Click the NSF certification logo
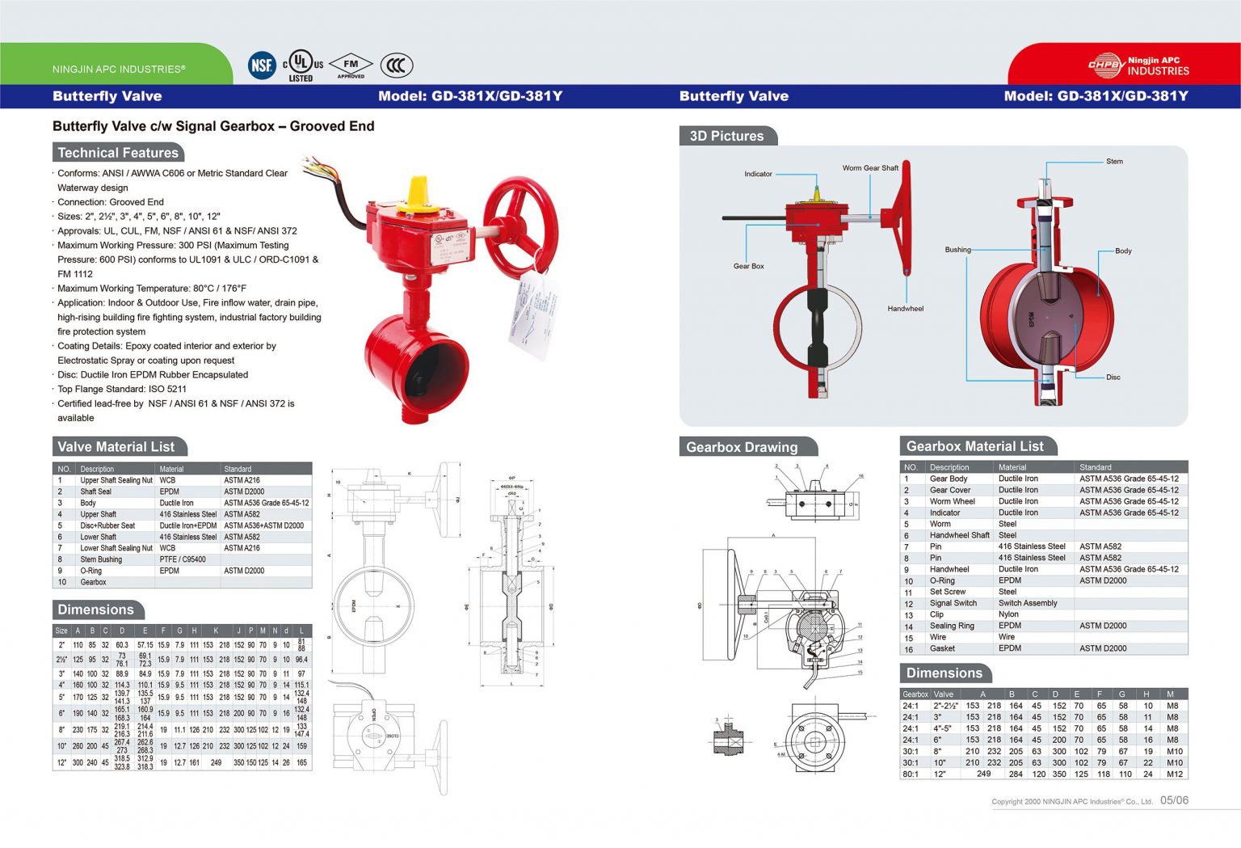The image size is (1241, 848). (262, 65)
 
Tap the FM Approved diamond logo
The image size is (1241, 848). (351, 65)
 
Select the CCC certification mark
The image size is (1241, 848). (396, 65)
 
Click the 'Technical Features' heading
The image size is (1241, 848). (118, 153)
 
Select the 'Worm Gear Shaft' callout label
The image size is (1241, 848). (870, 168)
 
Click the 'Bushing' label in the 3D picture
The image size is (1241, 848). (957, 250)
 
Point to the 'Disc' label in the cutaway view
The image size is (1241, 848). (1113, 378)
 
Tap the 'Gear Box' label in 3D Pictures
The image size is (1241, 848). (748, 266)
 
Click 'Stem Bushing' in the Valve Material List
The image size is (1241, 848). (101, 559)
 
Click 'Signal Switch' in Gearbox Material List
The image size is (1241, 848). (953, 603)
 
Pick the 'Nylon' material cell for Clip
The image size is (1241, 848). (1008, 614)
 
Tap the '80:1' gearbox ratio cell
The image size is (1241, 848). (911, 774)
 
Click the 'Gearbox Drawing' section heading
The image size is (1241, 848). (742, 447)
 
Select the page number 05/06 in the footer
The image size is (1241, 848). (1174, 800)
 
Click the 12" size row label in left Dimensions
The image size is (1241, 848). (61, 762)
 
